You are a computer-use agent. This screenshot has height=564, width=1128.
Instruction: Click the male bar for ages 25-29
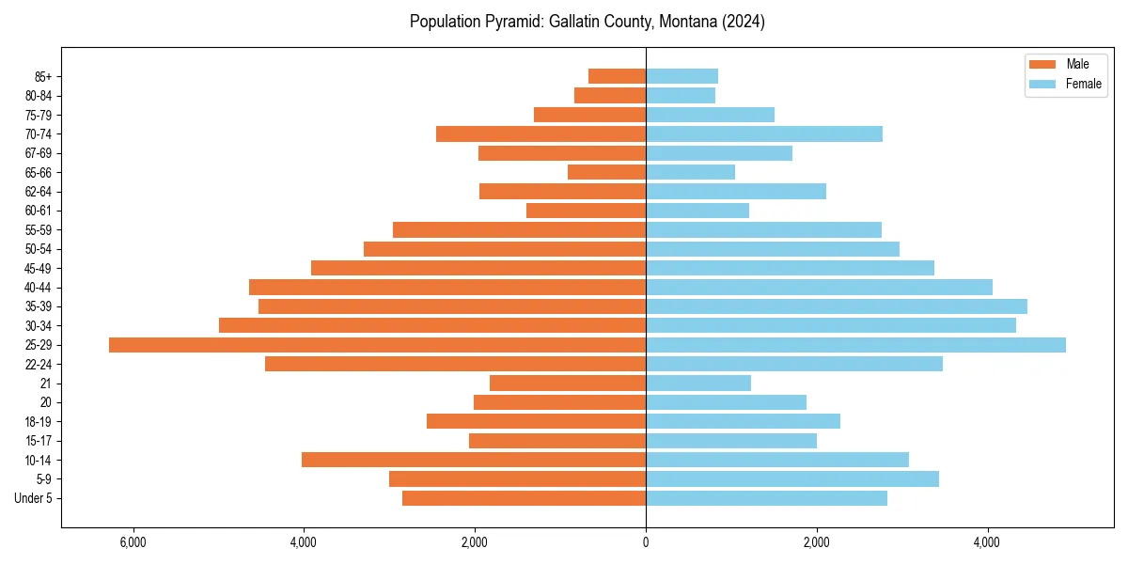pyautogui.click(x=376, y=345)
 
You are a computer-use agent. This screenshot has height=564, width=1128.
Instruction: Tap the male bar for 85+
pyautogui.click(x=617, y=76)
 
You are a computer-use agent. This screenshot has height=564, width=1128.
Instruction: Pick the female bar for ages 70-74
pyautogui.click(x=763, y=134)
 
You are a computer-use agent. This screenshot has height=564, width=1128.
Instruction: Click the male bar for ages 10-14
pyautogui.click(x=473, y=460)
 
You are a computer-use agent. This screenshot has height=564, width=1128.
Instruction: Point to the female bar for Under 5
pyautogui.click(x=766, y=498)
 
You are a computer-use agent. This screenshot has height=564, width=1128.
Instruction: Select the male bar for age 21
pyautogui.click(x=567, y=384)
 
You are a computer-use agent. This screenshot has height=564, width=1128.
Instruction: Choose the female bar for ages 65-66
pyautogui.click(x=690, y=172)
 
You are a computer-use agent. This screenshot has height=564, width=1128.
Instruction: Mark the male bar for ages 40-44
pyautogui.click(x=446, y=288)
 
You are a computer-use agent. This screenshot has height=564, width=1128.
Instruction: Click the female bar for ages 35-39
pyautogui.click(x=836, y=306)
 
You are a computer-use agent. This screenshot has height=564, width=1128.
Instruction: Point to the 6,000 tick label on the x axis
pyautogui.click(x=133, y=542)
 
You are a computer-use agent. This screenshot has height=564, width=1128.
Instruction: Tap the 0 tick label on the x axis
pyautogui.click(x=646, y=542)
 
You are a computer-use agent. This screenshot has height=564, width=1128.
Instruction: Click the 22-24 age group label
pyautogui.click(x=39, y=365)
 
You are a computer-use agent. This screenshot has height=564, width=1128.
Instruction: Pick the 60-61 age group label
pyautogui.click(x=39, y=211)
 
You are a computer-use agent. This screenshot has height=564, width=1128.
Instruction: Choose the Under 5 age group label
pyautogui.click(x=34, y=498)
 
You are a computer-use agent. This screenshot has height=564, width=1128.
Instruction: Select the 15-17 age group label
pyautogui.click(x=39, y=441)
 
